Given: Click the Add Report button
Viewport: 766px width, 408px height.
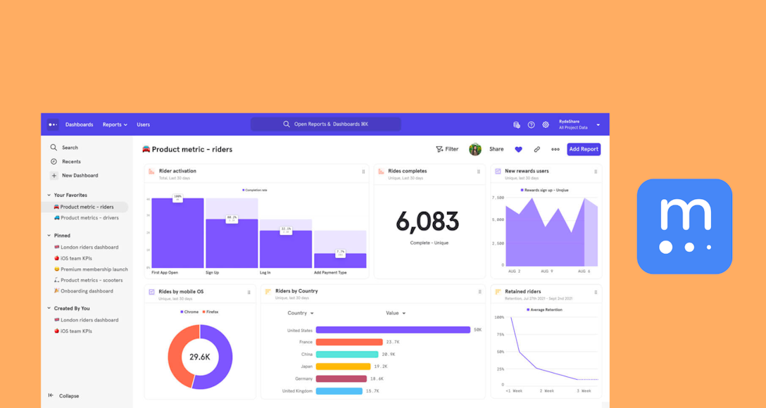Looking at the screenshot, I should point(584,149).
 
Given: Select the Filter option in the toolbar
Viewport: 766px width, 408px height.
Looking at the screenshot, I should point(447,149).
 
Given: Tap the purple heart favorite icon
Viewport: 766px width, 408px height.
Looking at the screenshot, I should point(518,149).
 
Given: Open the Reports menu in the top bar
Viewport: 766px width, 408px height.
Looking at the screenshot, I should point(115,125).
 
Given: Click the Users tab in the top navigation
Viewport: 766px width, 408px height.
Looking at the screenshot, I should point(143,125).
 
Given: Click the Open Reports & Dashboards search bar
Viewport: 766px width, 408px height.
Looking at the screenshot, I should point(325,125).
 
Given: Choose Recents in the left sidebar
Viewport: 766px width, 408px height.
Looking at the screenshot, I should point(71,162).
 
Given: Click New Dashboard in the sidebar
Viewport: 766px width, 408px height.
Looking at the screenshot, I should point(80,176).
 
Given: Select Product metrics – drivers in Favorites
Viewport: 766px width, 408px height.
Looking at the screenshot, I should point(89,218).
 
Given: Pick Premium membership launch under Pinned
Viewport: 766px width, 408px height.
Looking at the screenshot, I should point(94,269).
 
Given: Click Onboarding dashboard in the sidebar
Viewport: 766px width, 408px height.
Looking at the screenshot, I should point(86,291).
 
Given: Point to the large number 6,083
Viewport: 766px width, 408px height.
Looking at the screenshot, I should point(427,222).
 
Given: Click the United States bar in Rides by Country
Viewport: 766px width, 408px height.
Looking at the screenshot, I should point(392,330).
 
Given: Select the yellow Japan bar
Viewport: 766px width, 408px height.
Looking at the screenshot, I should point(343,366).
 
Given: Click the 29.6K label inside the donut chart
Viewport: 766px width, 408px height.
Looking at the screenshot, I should point(200,357).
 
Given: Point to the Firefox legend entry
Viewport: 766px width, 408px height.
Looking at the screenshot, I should point(211,312).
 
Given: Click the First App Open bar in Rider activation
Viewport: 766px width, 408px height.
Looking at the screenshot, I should point(177,234).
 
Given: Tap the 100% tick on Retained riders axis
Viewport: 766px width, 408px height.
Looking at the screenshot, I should point(499,317).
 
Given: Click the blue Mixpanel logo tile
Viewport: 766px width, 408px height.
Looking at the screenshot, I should point(684,227).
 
